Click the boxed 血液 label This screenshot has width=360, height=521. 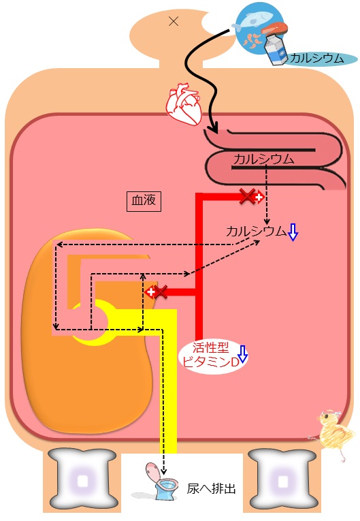(x=144, y=201)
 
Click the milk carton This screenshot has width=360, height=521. (x=276, y=50)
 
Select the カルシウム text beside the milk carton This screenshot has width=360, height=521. (x=316, y=59)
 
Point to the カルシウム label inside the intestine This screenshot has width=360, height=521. (x=264, y=159)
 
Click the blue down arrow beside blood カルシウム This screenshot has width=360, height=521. (x=293, y=232)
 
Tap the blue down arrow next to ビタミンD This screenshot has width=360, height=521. (x=243, y=354)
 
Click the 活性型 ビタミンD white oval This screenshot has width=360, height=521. (x=212, y=356)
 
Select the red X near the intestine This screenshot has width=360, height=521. (x=248, y=196)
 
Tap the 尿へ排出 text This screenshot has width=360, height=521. (x=211, y=489)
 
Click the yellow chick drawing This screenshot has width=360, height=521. (x=332, y=431)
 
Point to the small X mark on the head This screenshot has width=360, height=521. (x=174, y=22)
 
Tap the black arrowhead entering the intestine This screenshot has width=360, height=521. (x=213, y=129)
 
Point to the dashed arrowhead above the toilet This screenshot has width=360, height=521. (x=163, y=471)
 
